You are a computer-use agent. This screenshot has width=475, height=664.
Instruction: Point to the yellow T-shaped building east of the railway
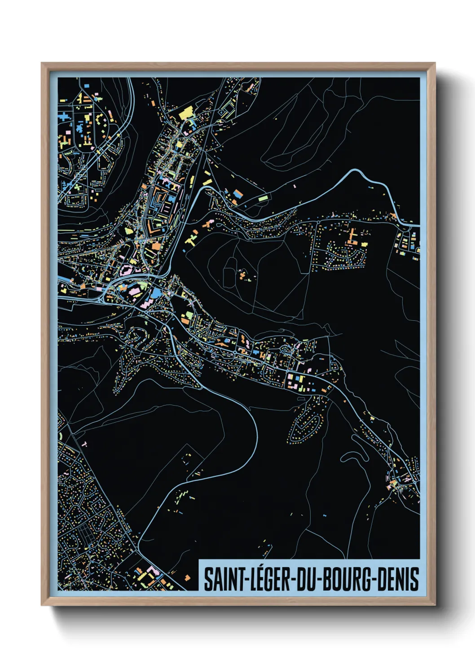[191, 240]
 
